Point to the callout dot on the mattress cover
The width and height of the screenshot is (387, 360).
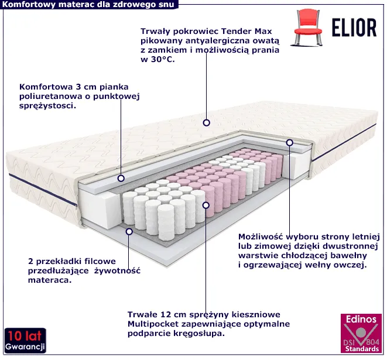(206, 123)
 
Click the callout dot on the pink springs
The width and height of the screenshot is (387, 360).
(206, 205)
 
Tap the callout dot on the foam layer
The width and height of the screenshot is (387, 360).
(121, 179)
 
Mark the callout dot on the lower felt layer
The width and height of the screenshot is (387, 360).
(129, 231)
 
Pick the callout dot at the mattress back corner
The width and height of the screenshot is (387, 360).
(289, 142)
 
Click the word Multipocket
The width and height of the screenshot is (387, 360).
(153, 324)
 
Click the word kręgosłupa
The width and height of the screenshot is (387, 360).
(202, 334)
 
